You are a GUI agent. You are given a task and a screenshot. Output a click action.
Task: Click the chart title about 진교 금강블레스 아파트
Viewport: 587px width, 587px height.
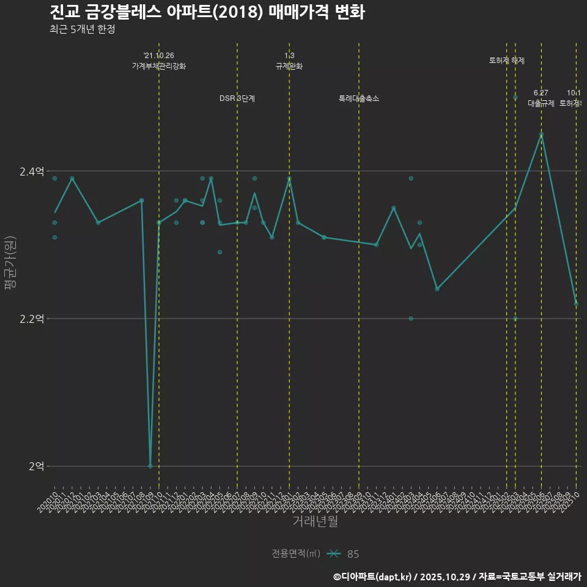(x=207, y=12)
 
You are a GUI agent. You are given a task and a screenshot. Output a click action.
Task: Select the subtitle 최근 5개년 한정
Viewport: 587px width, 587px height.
(x=82, y=29)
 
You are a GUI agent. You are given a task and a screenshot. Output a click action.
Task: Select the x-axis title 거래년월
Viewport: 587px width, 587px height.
(x=315, y=522)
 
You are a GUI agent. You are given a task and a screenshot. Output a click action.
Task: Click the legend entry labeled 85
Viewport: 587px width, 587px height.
(x=353, y=554)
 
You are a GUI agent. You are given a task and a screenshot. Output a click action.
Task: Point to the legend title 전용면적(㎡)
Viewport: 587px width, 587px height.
(x=296, y=554)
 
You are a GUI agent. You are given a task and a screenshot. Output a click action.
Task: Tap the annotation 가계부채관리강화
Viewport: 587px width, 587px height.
(x=159, y=66)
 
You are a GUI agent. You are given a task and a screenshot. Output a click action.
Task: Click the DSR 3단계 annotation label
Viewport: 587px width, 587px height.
(x=237, y=98)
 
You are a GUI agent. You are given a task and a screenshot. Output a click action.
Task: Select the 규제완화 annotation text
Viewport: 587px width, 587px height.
(x=289, y=66)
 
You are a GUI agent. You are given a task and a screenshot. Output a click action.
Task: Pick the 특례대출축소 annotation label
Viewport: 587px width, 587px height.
(x=359, y=98)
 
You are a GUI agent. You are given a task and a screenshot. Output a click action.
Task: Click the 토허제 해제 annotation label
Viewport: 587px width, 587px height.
(x=506, y=61)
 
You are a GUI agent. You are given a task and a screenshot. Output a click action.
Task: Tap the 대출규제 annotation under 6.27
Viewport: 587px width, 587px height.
(x=541, y=103)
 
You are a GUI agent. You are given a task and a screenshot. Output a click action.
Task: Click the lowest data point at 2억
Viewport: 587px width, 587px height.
(x=150, y=466)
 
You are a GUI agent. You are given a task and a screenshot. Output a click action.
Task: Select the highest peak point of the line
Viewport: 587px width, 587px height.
(x=541, y=135)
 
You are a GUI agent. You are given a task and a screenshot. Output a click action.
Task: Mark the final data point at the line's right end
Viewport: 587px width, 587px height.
(x=576, y=303)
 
